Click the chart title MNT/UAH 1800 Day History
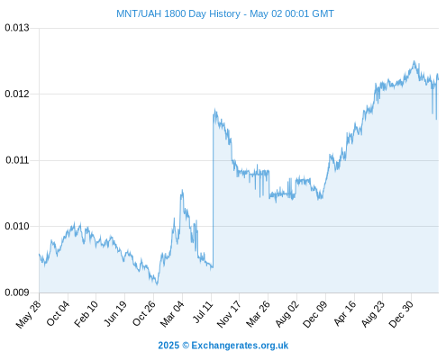[x=178, y=13]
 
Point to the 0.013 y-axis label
[x=17, y=28]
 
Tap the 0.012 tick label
[x=17, y=94]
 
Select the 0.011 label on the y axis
[x=17, y=160]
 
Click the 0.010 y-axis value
[x=17, y=226]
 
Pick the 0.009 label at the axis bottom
[x=17, y=292]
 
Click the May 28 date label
[x=29, y=314]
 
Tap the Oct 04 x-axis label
[x=58, y=313]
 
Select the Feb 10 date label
[x=86, y=313]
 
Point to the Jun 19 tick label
[x=115, y=313]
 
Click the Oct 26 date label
[x=144, y=313]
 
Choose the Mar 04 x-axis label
[x=172, y=314]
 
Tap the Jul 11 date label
[x=204, y=311]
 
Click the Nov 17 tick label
[x=229, y=314]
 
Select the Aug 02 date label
[x=287, y=313]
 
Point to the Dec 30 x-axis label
[x=401, y=314]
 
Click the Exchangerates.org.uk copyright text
[x=240, y=346]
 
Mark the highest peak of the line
[x=414, y=61]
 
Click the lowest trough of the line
[x=157, y=284]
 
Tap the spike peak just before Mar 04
[x=182, y=190]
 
